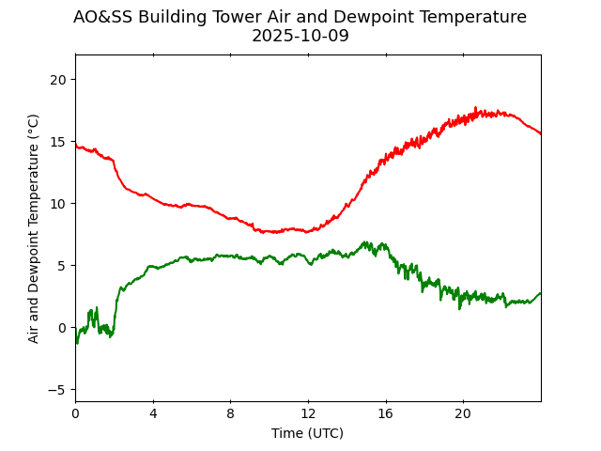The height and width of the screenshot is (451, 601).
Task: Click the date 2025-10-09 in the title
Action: click(300, 37)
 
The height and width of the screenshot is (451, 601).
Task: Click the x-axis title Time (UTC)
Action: click(307, 433)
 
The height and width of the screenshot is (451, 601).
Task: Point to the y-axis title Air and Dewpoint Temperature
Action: click(34, 228)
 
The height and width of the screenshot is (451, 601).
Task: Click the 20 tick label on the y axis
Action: click(59, 79)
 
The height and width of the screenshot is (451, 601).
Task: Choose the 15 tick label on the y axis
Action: click(59, 141)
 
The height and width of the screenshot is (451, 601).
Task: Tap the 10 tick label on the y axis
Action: click(59, 203)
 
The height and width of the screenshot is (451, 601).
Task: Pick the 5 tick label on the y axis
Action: click(63, 265)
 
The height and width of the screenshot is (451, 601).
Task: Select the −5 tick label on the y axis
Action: click(58, 389)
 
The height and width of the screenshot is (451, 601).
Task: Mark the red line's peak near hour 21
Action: click(476, 108)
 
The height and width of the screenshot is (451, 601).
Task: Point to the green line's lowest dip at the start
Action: click(77, 343)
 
